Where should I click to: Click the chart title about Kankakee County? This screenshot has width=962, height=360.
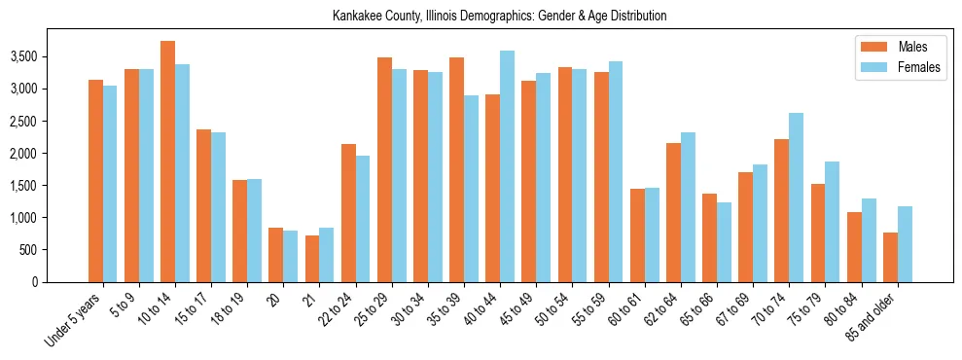[499, 17]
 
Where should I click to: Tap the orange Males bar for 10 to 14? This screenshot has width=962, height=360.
[167, 162]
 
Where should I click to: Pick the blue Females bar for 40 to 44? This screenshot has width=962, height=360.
[507, 166]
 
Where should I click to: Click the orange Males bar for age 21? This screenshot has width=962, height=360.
[312, 259]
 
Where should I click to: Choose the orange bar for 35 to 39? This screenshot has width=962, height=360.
[456, 170]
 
